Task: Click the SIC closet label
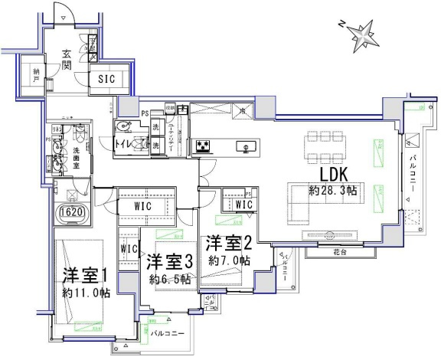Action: tap(106, 78)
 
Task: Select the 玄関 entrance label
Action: tap(67, 59)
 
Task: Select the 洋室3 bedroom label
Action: tap(168, 262)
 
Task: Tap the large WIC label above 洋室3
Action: tap(146, 206)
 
